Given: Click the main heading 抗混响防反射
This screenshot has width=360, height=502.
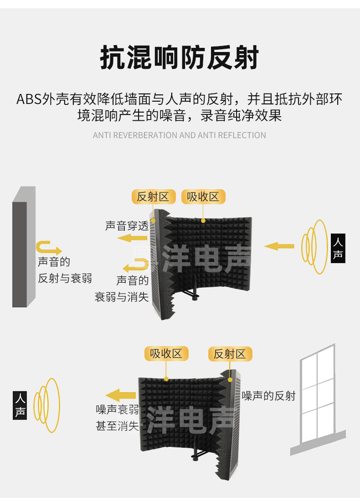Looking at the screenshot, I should tap(180, 58).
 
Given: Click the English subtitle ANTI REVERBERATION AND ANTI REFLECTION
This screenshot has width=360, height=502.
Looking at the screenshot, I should tap(180, 135).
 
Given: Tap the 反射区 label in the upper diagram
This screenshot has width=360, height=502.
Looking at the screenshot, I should tap(153, 197).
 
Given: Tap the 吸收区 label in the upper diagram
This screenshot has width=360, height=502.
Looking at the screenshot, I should tap(203, 197).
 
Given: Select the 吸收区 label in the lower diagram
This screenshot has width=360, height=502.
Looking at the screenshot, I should tap(166, 354).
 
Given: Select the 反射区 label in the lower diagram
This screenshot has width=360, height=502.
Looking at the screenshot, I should tap(230, 354).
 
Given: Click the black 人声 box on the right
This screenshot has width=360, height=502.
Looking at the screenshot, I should tap(338, 249).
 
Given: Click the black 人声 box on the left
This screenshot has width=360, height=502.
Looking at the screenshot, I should tap(20, 405).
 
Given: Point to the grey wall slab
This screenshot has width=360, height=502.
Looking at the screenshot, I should tap(24, 246).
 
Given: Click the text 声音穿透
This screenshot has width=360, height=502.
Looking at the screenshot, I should tap(127, 226).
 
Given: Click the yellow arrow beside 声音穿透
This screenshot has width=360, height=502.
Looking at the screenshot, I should tap(133, 238).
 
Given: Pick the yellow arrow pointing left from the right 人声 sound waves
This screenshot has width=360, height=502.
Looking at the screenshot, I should tap(279, 246).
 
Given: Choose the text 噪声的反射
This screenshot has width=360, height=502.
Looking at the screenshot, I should tap(269, 396).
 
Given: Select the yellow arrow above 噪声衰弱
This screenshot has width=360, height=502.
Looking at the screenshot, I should tap(121, 395).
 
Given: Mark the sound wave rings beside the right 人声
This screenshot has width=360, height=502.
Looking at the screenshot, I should tap(314, 247).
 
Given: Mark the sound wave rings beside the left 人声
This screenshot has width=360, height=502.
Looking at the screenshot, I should tap(48, 405).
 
